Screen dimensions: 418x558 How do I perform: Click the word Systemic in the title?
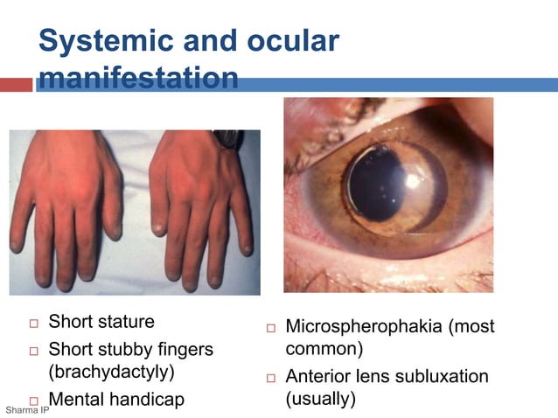pos(98,41)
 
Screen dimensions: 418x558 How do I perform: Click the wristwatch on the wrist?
pos(228,138)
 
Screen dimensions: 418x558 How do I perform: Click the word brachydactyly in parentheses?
pos(111,374)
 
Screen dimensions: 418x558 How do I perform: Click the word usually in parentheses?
pos(320,400)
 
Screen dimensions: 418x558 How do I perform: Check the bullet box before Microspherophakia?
pos(271,329)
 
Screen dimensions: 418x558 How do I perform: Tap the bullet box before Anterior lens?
pos(271,378)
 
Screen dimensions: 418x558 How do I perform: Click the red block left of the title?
pos(16,85)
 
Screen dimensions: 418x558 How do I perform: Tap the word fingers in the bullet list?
pos(181,349)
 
